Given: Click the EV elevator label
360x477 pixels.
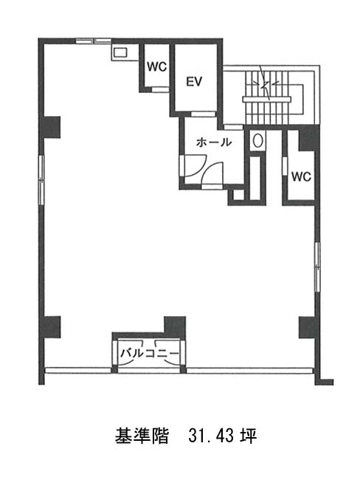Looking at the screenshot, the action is coord(194,81).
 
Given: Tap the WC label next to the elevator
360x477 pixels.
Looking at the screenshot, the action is coord(157,66).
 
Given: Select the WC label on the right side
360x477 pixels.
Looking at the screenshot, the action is coord(301,176).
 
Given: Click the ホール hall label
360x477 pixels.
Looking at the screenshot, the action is coord(214,142).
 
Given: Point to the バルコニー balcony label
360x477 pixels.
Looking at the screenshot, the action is coord(150,354).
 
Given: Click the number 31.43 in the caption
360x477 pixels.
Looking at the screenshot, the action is coord(211,436).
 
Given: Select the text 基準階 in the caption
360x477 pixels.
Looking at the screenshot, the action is coord(142,436).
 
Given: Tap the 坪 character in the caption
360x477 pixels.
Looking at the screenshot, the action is coord(249,436).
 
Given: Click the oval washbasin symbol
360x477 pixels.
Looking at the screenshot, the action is coord(258,141).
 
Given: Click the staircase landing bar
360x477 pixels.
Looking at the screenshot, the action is coord(266,99).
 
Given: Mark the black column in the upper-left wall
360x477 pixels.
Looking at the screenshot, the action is coord(51,128).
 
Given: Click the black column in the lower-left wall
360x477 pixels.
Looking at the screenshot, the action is coord(51,327).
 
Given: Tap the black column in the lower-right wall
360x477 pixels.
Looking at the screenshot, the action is coord(308,327).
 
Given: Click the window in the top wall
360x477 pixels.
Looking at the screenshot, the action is coord(94,41).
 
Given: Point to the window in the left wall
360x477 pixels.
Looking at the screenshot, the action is coord(41,179).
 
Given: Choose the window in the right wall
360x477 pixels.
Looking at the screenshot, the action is coord(317,267).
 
